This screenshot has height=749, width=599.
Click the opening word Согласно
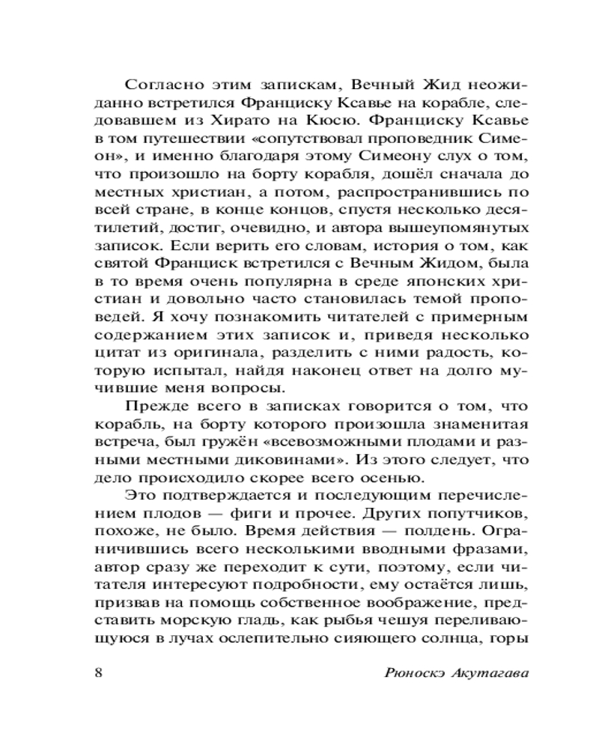pyautogui.click(x=160, y=83)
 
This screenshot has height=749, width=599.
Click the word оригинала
pyautogui.click(x=225, y=349)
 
